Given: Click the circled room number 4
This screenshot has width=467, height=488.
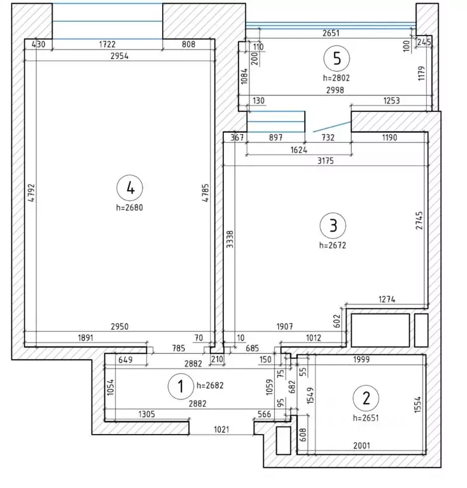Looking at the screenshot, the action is point(130,188).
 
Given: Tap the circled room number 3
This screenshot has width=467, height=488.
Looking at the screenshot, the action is point(333,226).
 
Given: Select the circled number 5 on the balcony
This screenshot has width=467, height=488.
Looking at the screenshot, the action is point(337,58).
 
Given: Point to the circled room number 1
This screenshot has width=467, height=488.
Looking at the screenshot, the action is point(181,386).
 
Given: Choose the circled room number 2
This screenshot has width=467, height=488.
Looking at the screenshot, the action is point(366,398).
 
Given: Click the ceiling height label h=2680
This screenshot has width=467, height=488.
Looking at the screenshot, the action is point(130,207).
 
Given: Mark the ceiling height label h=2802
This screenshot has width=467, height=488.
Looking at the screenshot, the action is point(337,78).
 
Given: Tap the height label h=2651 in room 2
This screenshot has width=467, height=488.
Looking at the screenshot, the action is point(366,417).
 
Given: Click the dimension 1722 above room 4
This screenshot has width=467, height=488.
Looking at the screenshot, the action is point(107,44).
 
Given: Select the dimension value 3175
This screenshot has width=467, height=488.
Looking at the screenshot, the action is point(326,161).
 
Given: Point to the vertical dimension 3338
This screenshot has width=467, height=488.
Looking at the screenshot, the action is point(230,239).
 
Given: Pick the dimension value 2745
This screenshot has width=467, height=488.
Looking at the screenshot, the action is point(419,220).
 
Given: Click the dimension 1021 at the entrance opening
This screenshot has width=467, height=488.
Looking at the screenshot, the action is point(221,430).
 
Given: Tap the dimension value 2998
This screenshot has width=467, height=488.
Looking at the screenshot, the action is point(335,90).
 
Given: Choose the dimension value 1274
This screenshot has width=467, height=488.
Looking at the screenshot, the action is point(387,299).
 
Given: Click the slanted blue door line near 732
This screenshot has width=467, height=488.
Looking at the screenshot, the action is point(332,126).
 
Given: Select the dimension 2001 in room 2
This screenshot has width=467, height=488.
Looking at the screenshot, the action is point(361,445).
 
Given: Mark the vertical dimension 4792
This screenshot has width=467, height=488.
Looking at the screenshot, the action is point(31,193).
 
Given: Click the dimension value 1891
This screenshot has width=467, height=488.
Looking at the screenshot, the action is point(85,337).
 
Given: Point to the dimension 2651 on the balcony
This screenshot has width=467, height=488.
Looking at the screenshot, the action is point(331,33).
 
